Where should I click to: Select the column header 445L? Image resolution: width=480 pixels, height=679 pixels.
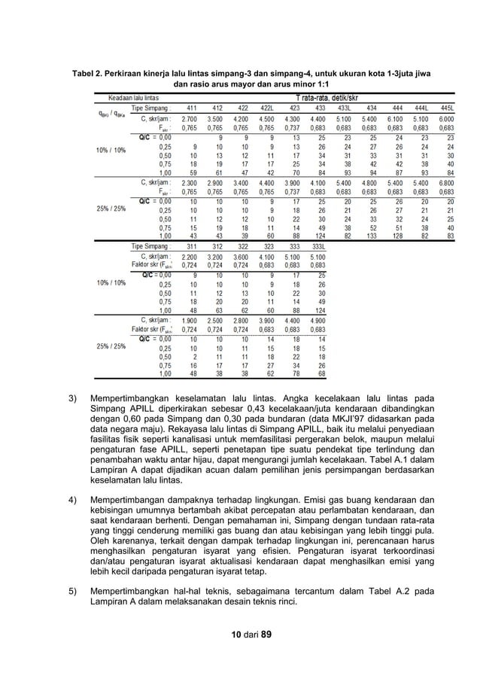[446, 108]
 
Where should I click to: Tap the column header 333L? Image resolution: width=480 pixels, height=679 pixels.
[319, 245]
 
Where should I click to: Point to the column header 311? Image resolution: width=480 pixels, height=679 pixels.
[192, 245]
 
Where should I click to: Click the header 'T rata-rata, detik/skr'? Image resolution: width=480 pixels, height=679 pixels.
[337, 98]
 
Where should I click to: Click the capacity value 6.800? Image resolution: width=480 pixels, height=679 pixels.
[446, 183]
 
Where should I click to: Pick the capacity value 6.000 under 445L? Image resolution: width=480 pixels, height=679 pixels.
[446, 119]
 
